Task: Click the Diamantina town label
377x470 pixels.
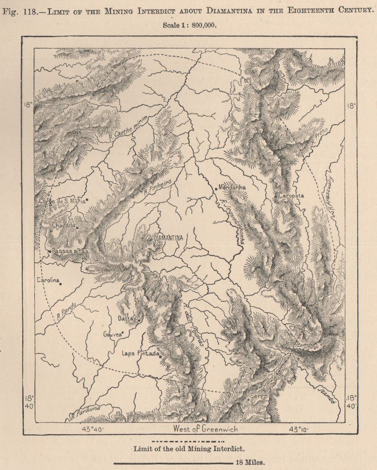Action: click(168, 238)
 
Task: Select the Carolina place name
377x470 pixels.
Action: click(48, 280)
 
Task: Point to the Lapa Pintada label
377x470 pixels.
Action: click(140, 353)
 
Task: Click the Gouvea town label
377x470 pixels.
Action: click(112, 335)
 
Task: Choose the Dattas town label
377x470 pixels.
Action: click(126, 318)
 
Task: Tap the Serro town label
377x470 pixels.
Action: click(259, 396)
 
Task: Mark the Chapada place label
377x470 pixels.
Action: click(63, 226)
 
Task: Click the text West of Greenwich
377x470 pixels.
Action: click(206, 429)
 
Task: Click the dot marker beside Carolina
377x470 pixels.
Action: click(61, 283)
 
